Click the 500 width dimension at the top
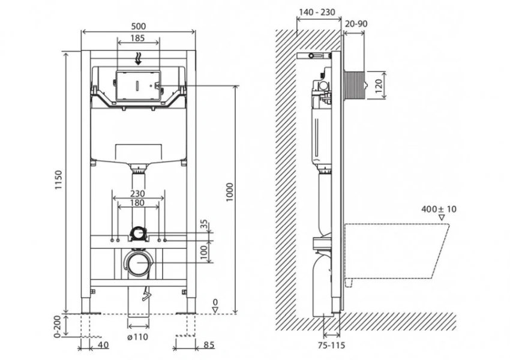click(139, 26)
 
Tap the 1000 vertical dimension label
click(229, 191)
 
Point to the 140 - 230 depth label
click(319, 12)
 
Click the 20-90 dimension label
click(356, 23)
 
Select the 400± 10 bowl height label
click(439, 209)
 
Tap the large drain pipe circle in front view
click(139, 262)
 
